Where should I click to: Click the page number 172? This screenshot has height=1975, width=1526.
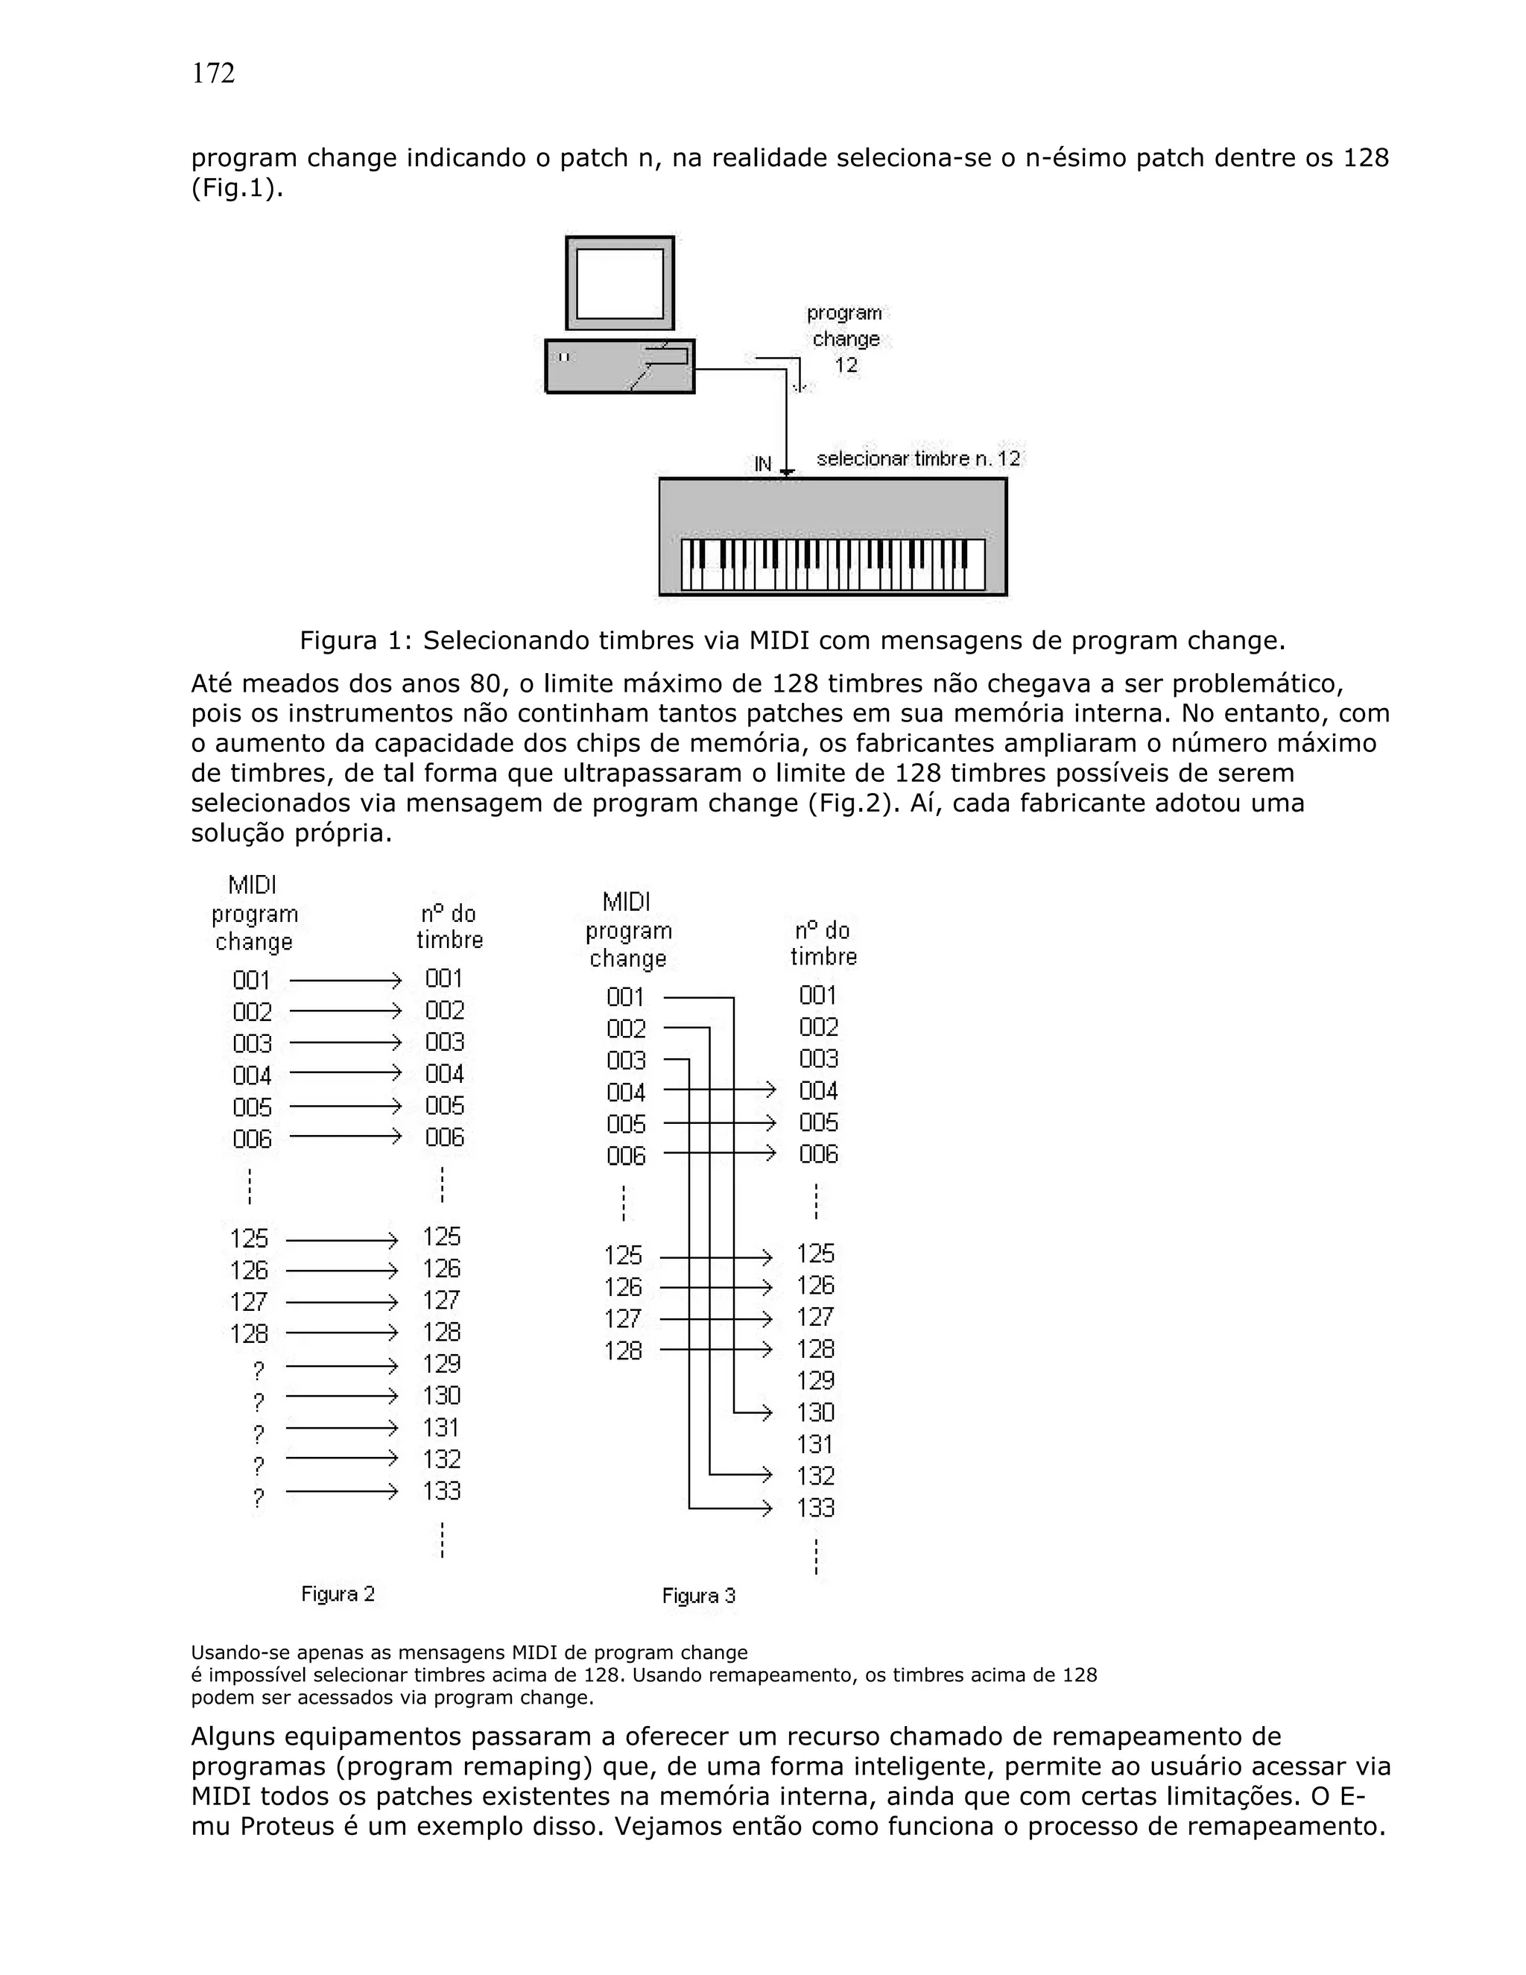pos(213,73)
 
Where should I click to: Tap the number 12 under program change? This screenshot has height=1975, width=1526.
pos(846,365)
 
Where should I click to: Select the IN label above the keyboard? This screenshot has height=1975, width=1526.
pos(763,464)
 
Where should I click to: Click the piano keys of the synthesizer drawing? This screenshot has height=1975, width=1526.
pos(832,564)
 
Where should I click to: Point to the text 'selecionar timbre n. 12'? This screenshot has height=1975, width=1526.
pos(917,459)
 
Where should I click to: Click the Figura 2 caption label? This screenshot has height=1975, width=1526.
pos(338,1593)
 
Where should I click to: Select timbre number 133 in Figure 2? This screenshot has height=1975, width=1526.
pos(442,1491)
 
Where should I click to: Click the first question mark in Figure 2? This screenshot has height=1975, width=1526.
pos(259,1371)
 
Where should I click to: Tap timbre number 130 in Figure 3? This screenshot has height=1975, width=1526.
pos(815,1412)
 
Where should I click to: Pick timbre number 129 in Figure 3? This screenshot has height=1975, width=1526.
pos(815,1381)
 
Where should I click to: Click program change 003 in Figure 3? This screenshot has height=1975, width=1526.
pos(627,1060)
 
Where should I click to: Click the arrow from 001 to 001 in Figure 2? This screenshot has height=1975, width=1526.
pos(344,980)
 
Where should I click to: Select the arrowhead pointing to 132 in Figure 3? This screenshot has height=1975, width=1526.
pos(767,1475)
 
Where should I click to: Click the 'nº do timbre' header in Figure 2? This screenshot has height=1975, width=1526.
pos(449,927)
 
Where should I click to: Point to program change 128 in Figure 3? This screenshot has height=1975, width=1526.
pos(623,1351)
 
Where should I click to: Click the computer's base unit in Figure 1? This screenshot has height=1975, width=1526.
pos(620,366)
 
